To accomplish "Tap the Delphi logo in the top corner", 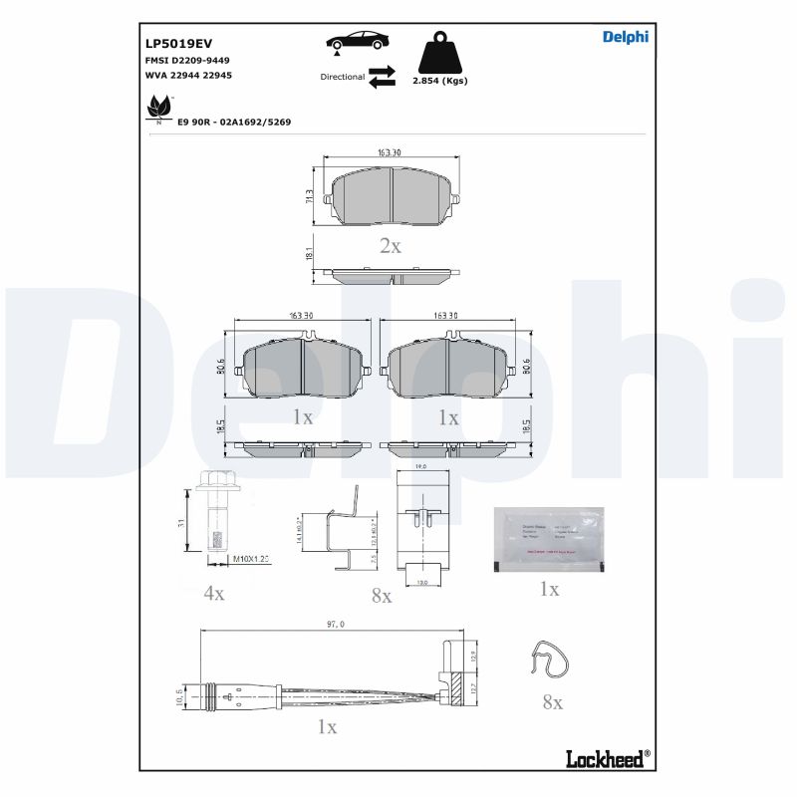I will point(625,37).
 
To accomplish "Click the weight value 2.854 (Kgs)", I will point(439,81).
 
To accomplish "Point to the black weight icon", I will point(439,51).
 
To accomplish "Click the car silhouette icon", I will point(357,42).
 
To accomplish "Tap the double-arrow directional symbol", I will point(382,77).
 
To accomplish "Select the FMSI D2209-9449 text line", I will point(187,61).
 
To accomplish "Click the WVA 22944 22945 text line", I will point(188,76).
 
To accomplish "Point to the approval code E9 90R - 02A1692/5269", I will point(234,122).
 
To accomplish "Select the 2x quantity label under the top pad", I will point(391,246).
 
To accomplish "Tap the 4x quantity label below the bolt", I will point(214,593).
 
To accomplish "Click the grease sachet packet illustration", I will point(549,538).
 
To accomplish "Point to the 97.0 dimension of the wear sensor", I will point(335,625).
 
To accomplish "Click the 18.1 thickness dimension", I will point(310,255).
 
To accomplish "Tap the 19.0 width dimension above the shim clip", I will point(420,465).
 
